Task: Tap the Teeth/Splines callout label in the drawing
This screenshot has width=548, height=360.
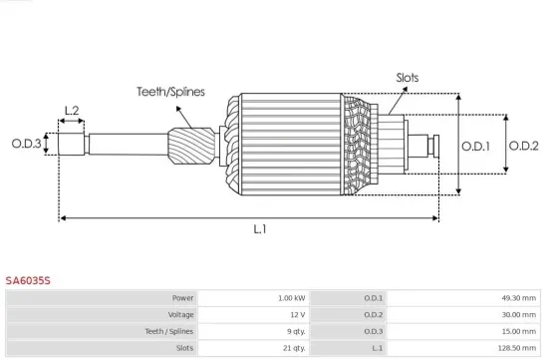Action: click(x=170, y=91)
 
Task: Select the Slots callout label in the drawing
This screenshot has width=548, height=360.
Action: click(x=408, y=77)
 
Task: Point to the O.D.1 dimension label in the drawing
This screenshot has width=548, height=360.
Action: click(x=476, y=146)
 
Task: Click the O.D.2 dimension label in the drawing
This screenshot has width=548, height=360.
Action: click(x=524, y=146)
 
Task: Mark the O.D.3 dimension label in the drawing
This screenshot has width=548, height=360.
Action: click(x=26, y=144)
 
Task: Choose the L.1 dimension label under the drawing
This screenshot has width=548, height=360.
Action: click(x=258, y=229)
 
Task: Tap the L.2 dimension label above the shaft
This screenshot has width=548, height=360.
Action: click(x=72, y=111)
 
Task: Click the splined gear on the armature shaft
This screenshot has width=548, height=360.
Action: click(x=192, y=146)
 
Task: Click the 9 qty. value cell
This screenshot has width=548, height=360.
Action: click(x=292, y=330)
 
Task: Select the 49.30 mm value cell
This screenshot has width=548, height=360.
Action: click(x=517, y=298)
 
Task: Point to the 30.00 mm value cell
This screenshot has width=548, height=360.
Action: click(x=517, y=314)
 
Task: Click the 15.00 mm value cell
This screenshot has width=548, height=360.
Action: click(x=517, y=330)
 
